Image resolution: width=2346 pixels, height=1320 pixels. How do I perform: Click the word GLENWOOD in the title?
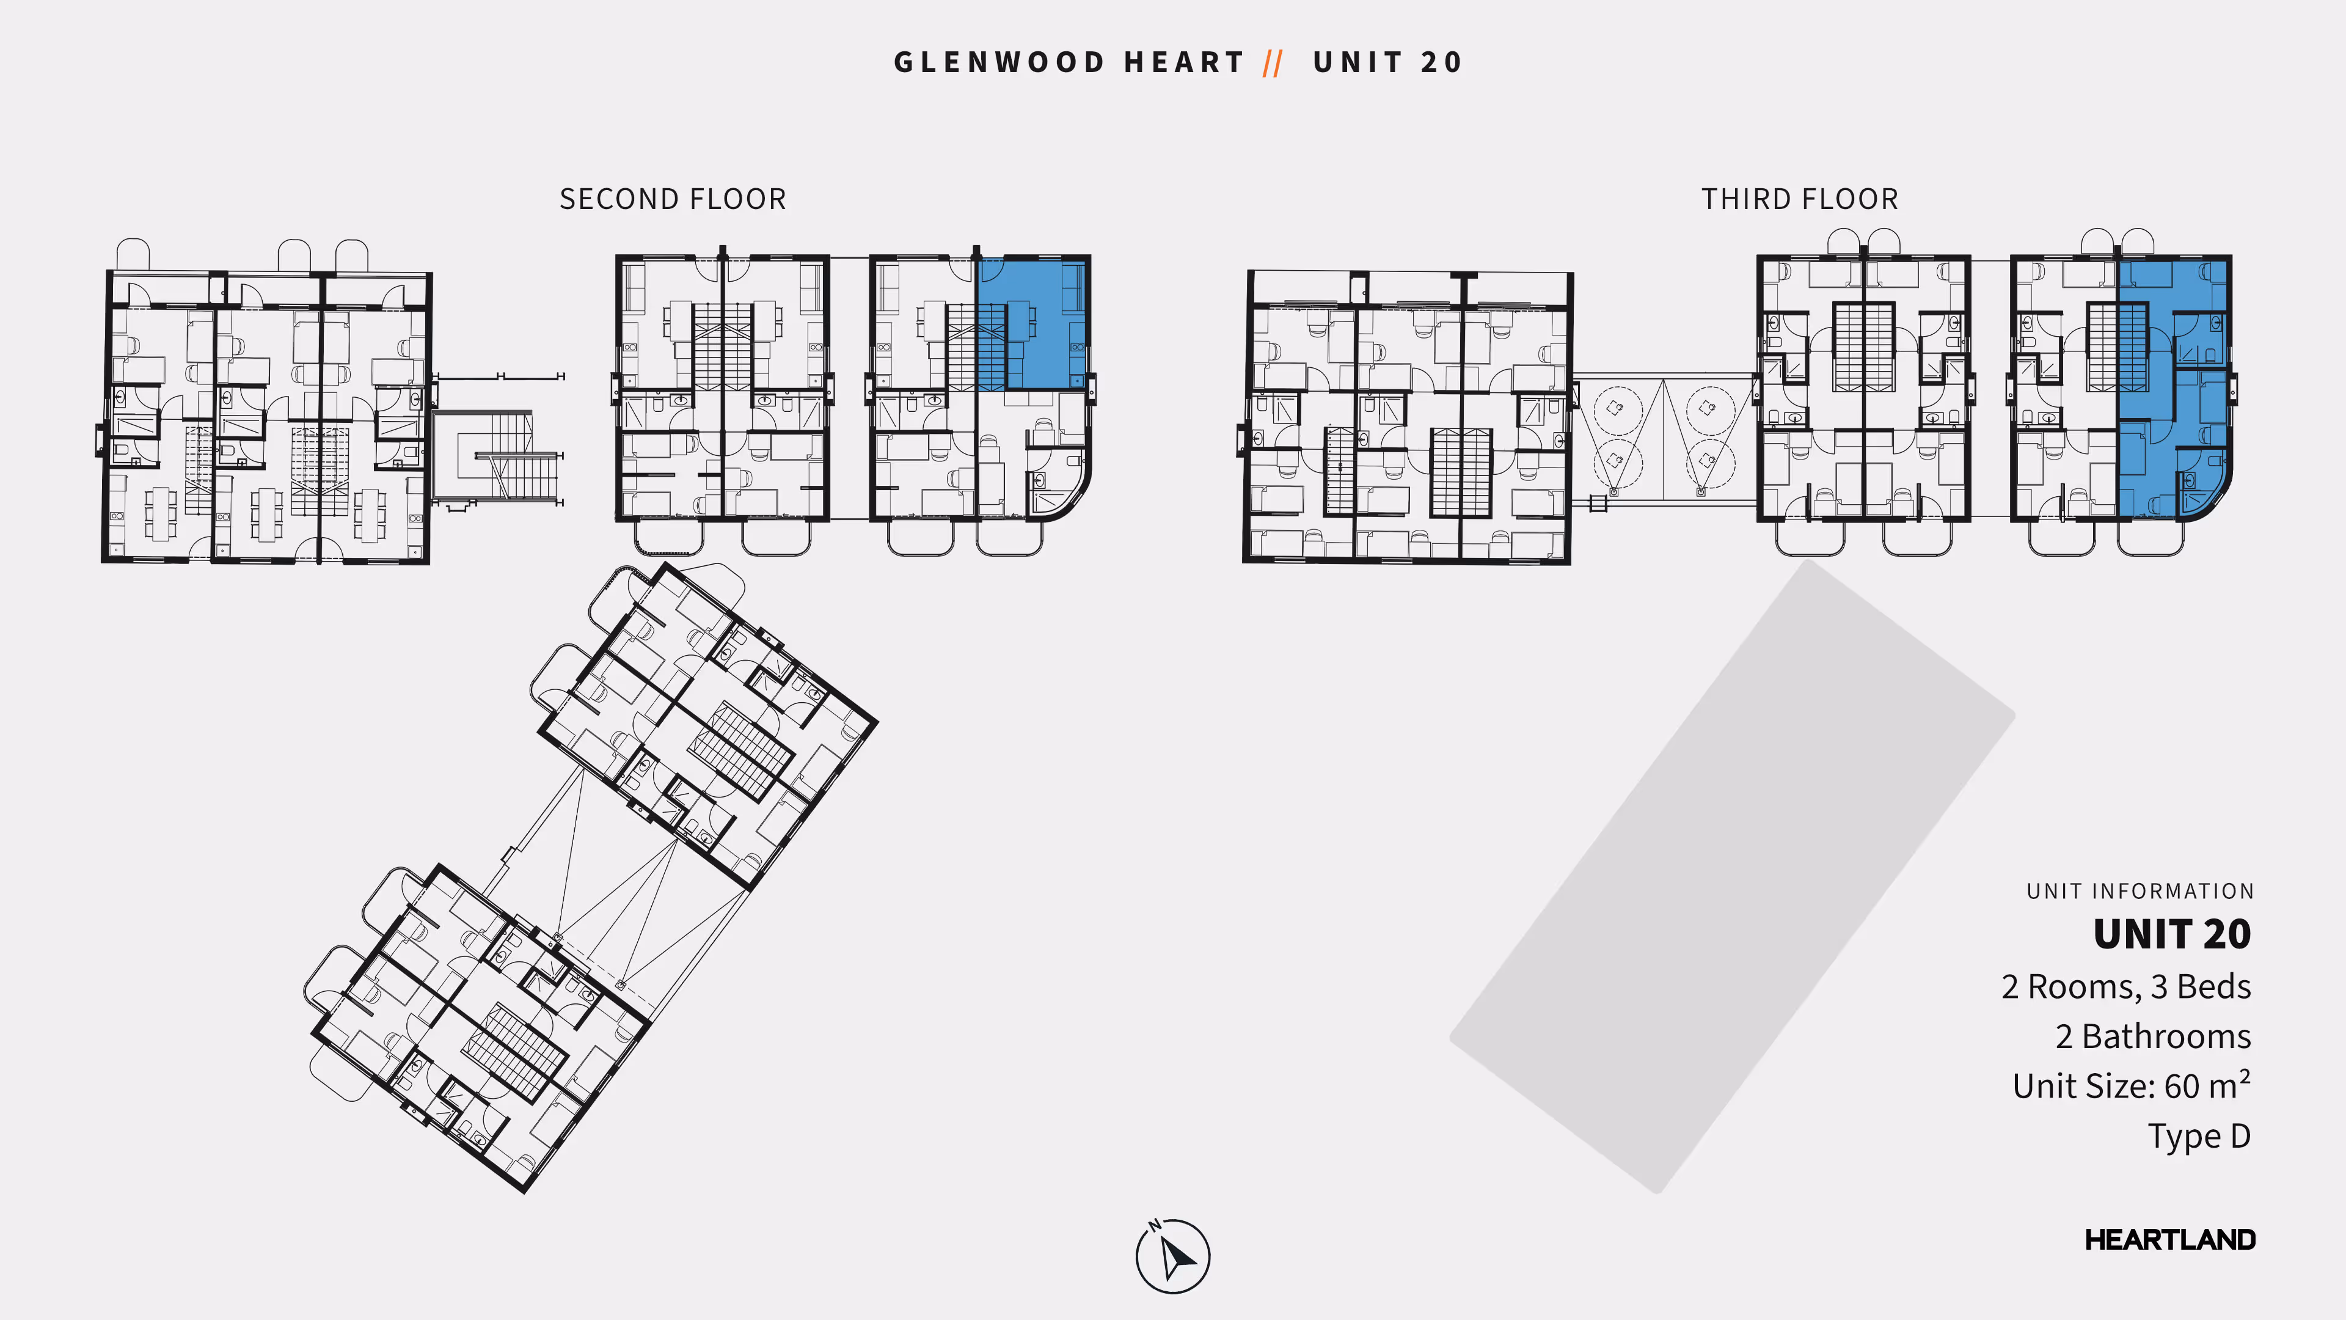pyautogui.click(x=999, y=62)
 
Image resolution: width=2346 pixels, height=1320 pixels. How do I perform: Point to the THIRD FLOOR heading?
pyautogui.click(x=1800, y=199)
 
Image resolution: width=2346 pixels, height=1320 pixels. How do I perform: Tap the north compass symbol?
pyautogui.click(x=1173, y=1256)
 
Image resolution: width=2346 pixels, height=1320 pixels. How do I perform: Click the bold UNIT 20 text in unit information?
pyautogui.click(x=2171, y=934)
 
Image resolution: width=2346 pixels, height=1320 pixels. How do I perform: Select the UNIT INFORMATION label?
pyautogui.click(x=2140, y=891)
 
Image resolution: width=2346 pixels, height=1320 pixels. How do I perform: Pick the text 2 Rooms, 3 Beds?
pyautogui.click(x=2125, y=986)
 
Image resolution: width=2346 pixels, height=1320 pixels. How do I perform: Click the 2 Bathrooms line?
pyautogui.click(x=2153, y=1036)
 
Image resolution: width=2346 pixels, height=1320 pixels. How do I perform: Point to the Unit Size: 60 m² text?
pyautogui.click(x=2131, y=1086)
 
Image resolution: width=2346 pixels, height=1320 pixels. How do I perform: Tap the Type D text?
pyautogui.click(x=2199, y=1136)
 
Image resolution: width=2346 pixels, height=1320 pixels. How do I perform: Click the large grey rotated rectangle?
pyautogui.click(x=1730, y=875)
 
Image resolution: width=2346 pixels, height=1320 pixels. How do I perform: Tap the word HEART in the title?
pyautogui.click(x=1184, y=62)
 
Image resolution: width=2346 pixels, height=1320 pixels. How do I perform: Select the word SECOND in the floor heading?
pyautogui.click(x=618, y=199)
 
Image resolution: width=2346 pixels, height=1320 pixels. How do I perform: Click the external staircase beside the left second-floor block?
pyautogui.click(x=496, y=455)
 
